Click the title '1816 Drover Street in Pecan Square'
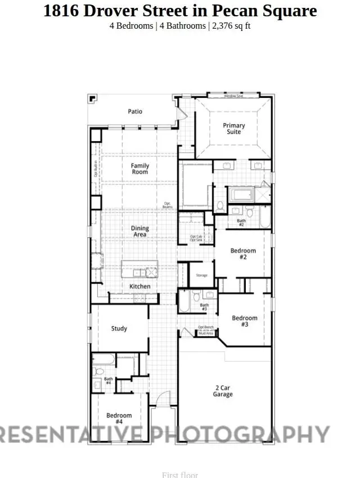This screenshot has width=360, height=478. point(180,11)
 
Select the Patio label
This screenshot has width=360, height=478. point(135,111)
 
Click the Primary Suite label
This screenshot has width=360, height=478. point(234,129)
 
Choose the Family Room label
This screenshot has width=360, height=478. point(140,169)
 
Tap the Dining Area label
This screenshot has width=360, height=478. point(140,231)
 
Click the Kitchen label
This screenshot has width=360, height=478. point(140,286)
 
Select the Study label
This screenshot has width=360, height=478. point(119,328)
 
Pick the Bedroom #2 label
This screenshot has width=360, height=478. point(243,254)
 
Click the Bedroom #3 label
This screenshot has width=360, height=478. point(245,321)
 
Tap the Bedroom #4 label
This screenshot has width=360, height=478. point(119,418)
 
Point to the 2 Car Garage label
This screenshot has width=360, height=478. point(223,391)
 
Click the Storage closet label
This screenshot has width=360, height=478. point(201,276)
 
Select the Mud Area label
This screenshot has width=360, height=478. point(206,333)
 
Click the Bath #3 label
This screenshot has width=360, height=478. point(204,308)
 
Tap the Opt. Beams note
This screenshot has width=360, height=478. point(168,205)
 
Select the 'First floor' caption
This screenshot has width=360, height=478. point(180,475)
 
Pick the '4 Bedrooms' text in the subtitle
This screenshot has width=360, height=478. point(131,26)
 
